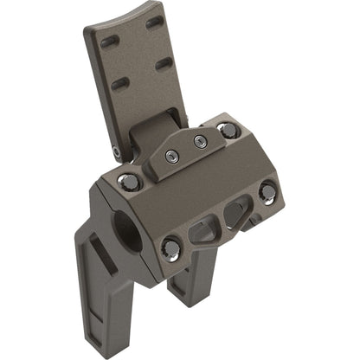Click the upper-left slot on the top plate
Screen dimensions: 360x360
click(111, 42)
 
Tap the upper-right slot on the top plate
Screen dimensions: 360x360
click(157, 23)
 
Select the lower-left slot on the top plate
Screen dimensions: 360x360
click(120, 84)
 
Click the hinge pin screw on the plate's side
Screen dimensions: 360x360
click(117, 153)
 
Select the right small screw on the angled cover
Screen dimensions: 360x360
click(201, 142)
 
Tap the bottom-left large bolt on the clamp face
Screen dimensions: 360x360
click(171, 249)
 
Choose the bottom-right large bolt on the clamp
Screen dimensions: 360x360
click(268, 191)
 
